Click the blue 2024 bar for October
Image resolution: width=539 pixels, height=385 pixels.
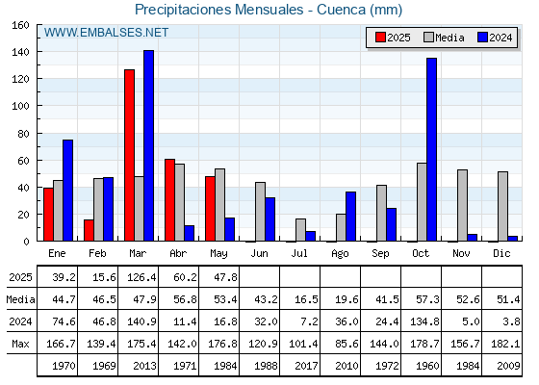[x=431, y=149]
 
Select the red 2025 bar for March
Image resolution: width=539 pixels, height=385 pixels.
[x=130, y=155]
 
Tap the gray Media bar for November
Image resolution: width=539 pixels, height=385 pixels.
[x=462, y=206]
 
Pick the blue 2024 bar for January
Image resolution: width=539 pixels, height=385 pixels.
[x=67, y=191]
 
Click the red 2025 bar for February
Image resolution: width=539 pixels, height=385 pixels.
[x=89, y=230]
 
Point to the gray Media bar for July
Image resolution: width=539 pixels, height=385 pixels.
[x=300, y=230]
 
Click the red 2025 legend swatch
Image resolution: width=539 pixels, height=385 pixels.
[x=380, y=38]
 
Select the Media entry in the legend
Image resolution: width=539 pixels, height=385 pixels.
[x=444, y=38]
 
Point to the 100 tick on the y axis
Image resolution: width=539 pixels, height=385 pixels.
[x=38, y=106]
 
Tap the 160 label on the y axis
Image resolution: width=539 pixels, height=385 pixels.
[x=20, y=25]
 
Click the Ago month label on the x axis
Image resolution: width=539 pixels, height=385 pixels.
[x=340, y=254]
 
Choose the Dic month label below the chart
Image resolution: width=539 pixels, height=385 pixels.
[x=501, y=253]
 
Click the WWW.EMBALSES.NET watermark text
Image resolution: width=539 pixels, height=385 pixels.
[x=106, y=33]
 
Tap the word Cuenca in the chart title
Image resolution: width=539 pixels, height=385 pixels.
[x=342, y=10]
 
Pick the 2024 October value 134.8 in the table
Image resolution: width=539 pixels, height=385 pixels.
[x=424, y=321]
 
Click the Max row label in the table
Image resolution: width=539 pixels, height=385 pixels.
[x=20, y=344]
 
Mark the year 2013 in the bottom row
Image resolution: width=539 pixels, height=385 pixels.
[x=144, y=366]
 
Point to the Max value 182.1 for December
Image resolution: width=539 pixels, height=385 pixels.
[x=505, y=344]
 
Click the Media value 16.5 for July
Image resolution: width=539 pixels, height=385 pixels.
[x=306, y=299]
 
